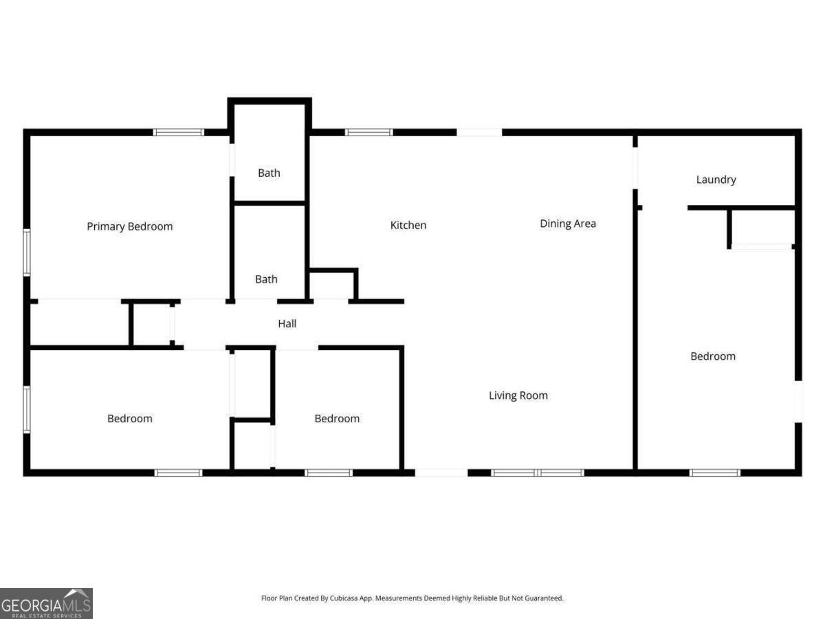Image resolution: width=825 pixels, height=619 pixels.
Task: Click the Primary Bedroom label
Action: click(x=129, y=226)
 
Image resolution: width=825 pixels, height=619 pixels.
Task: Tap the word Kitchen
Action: click(x=408, y=225)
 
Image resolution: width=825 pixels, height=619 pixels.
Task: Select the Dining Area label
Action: click(x=568, y=224)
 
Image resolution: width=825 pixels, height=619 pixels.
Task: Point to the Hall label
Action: click(x=287, y=323)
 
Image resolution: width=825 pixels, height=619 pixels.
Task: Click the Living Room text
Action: click(x=518, y=395)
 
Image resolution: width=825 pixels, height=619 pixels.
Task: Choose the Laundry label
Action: click(x=716, y=180)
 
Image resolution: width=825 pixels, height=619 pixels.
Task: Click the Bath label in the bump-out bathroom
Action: click(x=269, y=173)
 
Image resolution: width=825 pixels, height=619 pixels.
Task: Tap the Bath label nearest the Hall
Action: click(x=266, y=279)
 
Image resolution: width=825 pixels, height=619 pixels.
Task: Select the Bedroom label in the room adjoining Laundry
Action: click(x=713, y=356)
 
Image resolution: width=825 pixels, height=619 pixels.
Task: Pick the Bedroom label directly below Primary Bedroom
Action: click(x=130, y=418)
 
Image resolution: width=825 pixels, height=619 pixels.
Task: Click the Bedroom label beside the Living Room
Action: click(x=337, y=418)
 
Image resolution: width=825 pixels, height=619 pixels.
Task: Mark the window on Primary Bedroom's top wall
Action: click(x=179, y=132)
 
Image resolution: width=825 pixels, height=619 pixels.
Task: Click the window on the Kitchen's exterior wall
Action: click(x=368, y=132)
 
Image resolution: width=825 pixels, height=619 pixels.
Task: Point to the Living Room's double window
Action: click(x=538, y=473)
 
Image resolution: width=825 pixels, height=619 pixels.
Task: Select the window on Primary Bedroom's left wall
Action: click(x=27, y=252)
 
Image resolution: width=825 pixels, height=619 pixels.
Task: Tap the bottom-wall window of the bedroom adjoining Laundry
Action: click(x=715, y=473)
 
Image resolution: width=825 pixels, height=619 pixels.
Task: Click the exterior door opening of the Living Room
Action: click(x=441, y=473)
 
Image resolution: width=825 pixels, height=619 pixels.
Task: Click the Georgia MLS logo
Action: click(x=46, y=603)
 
